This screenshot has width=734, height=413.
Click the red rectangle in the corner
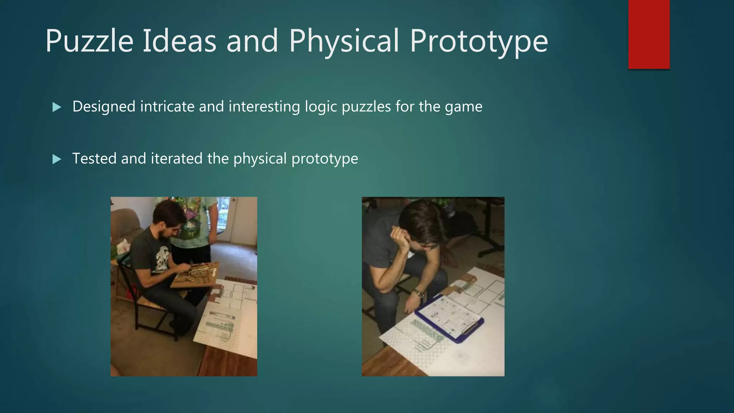point(649,34)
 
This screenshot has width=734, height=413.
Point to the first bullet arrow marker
point(57,107)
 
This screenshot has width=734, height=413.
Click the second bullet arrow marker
point(57,159)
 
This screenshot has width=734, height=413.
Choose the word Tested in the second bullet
point(95,158)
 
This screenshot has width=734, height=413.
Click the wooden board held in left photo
point(195,274)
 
